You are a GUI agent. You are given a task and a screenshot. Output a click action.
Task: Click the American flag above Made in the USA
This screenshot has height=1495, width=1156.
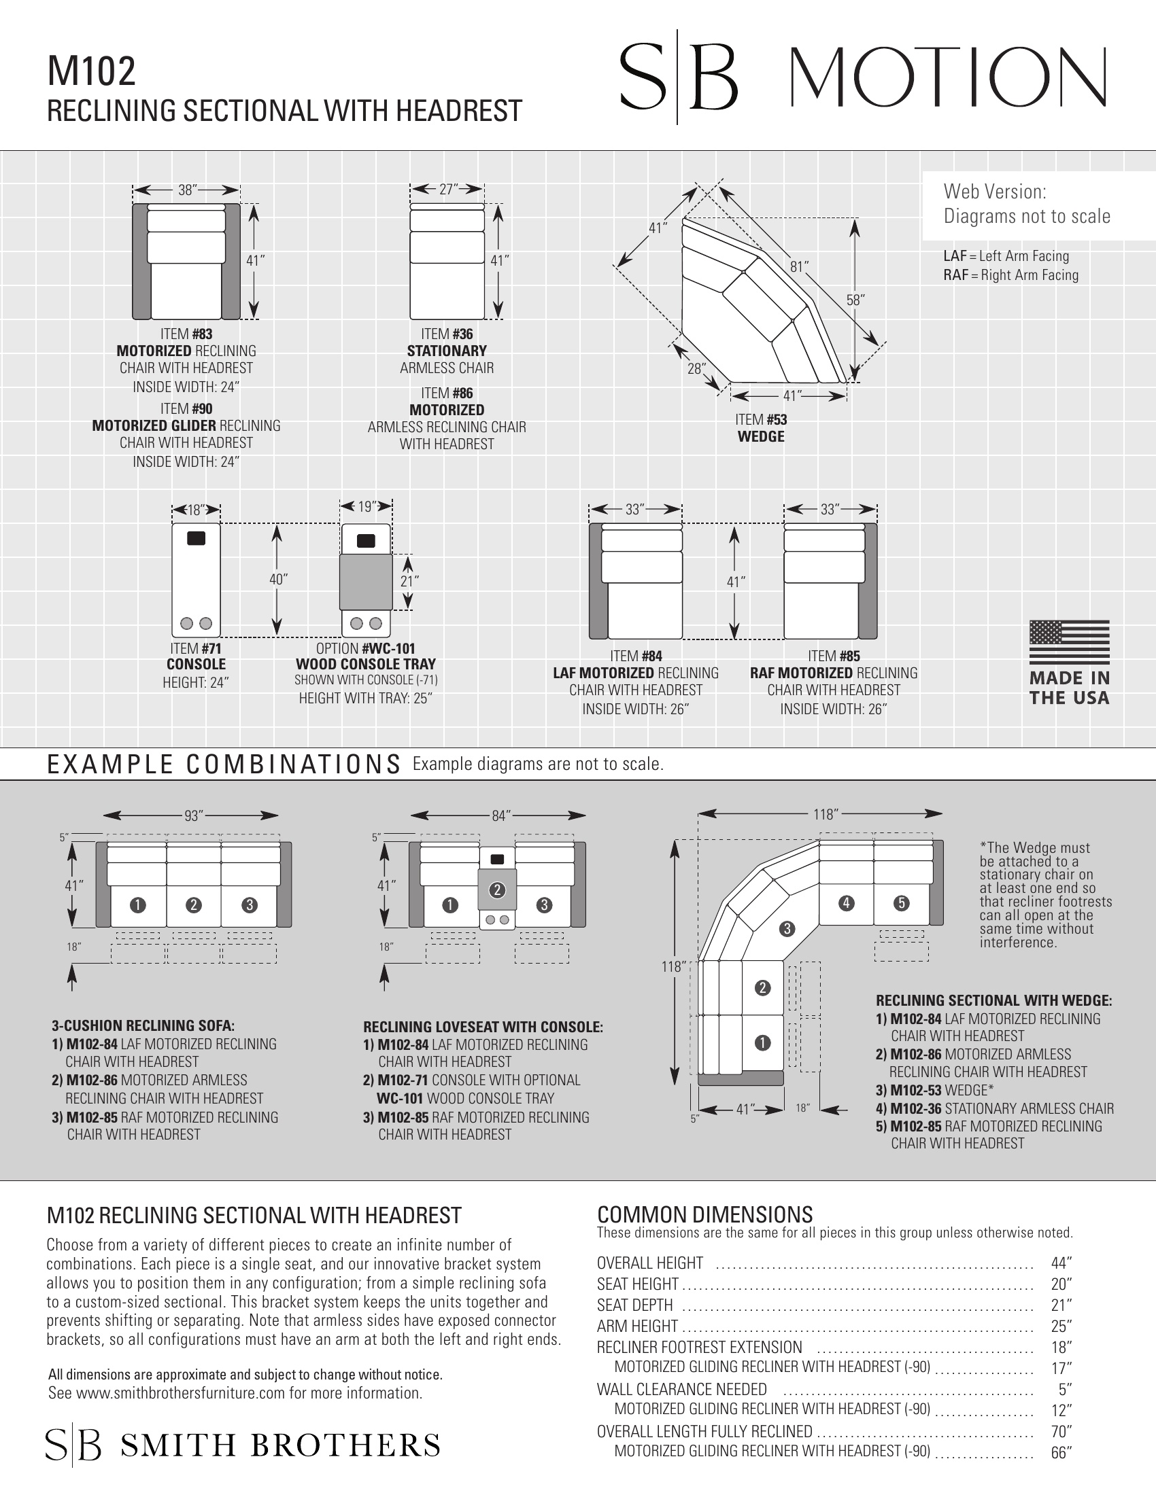1069,642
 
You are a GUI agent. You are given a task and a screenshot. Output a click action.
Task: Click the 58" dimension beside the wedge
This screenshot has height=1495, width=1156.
855,300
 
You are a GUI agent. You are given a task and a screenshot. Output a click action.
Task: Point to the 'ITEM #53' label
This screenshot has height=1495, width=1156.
761,419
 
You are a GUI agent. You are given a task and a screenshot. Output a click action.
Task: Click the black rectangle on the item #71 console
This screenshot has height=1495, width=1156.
196,538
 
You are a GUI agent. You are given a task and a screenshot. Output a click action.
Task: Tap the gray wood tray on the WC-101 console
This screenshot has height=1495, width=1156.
366,582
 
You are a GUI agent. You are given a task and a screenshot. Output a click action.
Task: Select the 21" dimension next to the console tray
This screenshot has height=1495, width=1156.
409,581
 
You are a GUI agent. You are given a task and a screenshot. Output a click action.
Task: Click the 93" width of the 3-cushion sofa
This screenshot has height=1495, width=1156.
194,815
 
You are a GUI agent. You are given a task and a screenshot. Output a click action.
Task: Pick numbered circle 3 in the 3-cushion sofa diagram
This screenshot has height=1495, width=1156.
250,905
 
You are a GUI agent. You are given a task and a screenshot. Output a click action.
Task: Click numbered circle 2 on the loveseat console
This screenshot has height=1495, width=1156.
497,890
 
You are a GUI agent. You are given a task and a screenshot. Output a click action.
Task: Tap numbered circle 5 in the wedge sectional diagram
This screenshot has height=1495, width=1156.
902,903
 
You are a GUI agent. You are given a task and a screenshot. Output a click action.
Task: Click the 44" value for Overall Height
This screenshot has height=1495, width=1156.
1061,1263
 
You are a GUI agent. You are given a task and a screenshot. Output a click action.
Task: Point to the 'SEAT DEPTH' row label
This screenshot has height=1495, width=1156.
635,1305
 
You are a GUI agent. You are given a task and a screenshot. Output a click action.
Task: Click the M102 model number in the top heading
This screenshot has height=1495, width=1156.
91,73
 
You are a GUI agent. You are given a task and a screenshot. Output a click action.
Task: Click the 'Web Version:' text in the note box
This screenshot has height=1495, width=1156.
995,191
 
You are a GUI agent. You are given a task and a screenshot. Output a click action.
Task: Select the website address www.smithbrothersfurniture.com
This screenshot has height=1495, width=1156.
180,1393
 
